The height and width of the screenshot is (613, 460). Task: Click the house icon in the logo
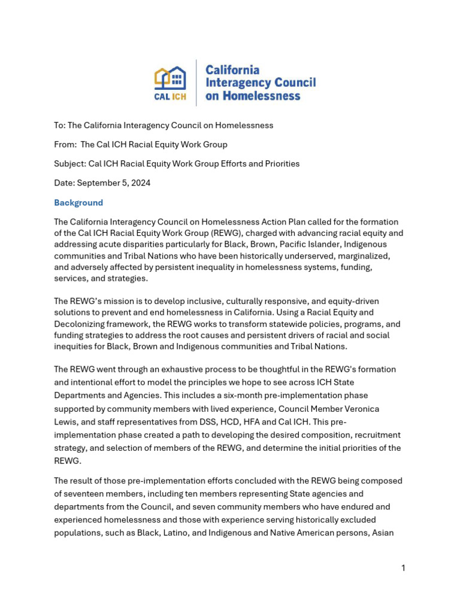coord(170,78)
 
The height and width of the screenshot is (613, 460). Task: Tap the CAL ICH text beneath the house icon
coord(170,96)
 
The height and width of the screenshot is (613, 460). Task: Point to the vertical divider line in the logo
coord(196,83)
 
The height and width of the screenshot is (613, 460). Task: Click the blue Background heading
coord(78,202)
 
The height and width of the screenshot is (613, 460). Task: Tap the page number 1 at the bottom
coord(403,568)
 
